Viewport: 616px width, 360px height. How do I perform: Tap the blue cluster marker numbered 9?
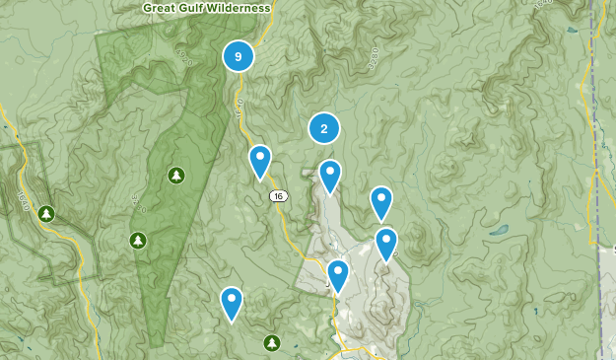pos(238,55)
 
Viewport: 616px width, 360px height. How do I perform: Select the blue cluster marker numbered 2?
pos(324,128)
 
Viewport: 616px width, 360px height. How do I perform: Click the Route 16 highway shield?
pos(279,196)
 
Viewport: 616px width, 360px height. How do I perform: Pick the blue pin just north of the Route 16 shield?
pos(260,161)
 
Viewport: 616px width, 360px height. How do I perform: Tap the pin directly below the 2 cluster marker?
pos(329,176)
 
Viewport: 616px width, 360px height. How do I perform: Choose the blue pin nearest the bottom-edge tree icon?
pos(232,302)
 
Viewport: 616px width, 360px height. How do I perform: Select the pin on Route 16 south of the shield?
pos(338,275)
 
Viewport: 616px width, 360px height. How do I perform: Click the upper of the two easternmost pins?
pos(381,202)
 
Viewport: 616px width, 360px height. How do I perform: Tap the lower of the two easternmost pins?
pos(386,244)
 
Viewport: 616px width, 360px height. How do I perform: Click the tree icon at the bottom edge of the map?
pos(272,342)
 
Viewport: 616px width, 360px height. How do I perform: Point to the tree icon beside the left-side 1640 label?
pos(45,213)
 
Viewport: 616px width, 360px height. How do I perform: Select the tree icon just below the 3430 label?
pos(138,240)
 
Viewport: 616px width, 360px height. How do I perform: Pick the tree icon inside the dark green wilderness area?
pos(176,176)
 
